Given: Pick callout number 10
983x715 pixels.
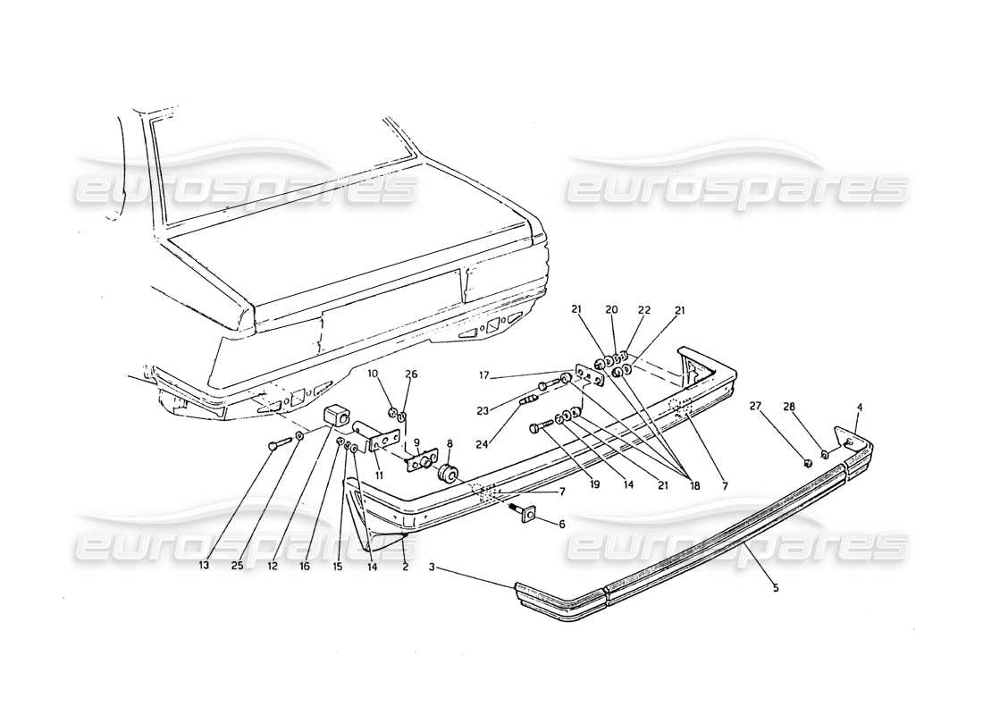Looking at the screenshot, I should tap(373, 373).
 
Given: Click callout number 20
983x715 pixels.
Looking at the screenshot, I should tap(612, 309).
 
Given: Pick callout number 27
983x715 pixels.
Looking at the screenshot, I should tap(756, 405).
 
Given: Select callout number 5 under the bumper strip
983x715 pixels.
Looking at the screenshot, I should tap(776, 587).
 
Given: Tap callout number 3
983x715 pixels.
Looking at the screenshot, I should tap(432, 567).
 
